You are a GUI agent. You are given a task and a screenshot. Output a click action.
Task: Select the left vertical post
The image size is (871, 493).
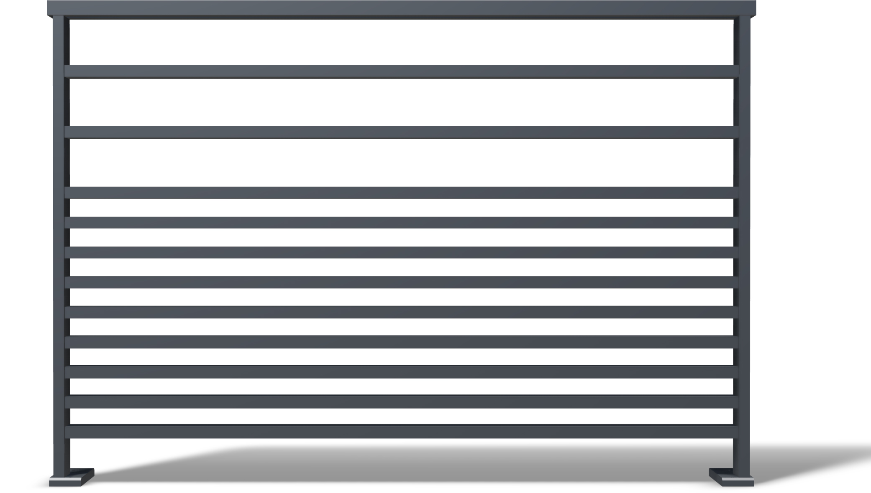click(59, 251)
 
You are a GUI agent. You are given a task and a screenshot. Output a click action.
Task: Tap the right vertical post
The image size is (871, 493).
click(744, 251)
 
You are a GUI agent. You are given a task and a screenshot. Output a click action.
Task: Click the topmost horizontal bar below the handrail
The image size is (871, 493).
click(402, 71)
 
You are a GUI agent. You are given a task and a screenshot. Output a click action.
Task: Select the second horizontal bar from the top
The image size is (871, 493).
click(402, 132)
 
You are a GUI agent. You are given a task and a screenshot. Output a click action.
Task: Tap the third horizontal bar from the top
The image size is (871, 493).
click(402, 193)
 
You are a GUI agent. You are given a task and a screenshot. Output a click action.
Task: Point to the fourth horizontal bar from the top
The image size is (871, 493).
click(402, 222)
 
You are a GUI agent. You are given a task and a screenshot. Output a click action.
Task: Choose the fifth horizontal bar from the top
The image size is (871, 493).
click(402, 252)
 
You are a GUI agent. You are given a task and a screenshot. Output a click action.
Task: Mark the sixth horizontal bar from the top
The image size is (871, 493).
click(402, 282)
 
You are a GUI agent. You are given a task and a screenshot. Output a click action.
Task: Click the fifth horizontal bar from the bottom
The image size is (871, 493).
click(402, 312)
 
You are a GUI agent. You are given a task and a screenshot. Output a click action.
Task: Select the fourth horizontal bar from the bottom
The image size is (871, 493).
click(402, 342)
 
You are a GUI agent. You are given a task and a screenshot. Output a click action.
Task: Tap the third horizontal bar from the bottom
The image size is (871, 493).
click(402, 372)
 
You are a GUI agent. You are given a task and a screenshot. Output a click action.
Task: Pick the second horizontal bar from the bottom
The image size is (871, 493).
click(402, 402)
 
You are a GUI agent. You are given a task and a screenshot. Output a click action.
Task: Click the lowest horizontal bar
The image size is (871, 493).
click(402, 432)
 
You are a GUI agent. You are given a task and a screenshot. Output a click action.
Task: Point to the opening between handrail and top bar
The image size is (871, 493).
click(402, 42)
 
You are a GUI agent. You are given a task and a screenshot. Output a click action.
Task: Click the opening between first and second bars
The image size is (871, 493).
click(402, 102)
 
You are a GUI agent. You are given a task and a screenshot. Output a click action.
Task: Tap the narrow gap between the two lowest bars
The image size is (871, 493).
click(402, 417)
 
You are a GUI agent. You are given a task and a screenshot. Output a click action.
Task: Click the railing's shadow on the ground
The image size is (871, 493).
click(418, 464)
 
